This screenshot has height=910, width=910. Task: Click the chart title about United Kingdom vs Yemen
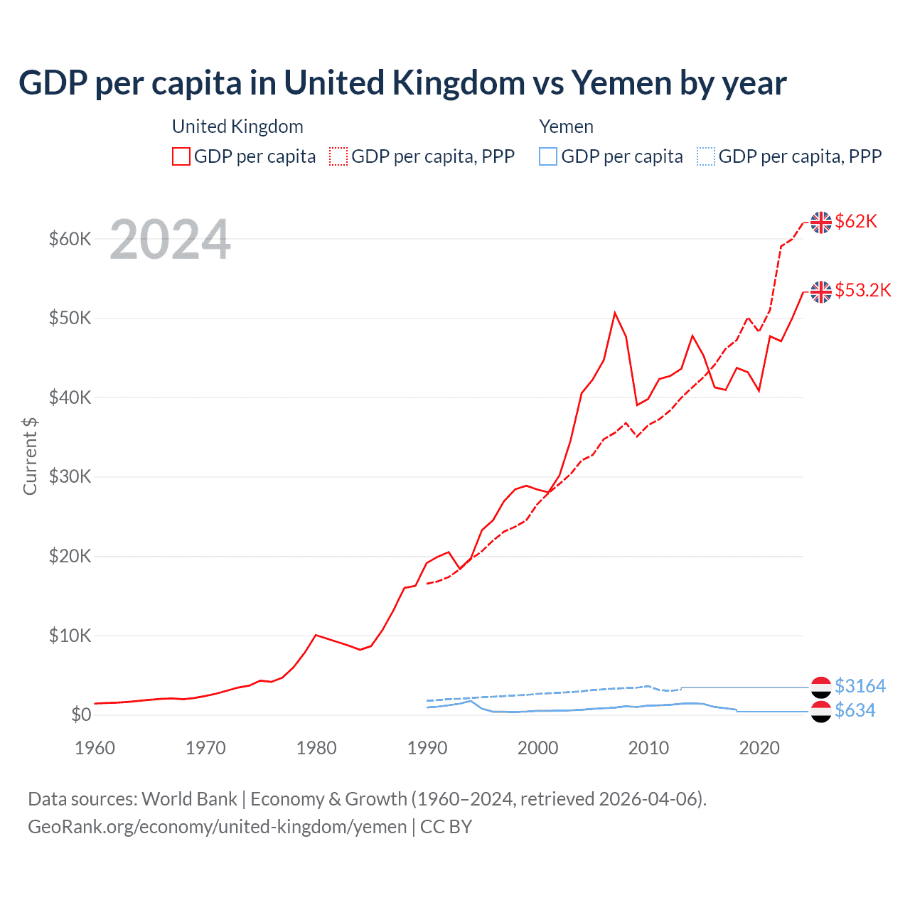402,83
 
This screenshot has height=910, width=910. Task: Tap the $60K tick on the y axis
70,239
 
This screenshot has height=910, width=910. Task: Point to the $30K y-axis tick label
70,476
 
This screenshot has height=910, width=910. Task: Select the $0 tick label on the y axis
81,714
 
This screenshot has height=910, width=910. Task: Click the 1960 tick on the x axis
95,748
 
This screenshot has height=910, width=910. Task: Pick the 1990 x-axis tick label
427,748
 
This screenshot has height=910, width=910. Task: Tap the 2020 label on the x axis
759,748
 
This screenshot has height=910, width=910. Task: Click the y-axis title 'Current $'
30,456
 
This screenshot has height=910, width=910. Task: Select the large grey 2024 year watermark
170,240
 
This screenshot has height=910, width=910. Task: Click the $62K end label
856,222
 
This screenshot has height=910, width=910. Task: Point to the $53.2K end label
862,290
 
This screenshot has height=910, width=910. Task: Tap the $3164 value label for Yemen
860,686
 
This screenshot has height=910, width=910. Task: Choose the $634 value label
855,710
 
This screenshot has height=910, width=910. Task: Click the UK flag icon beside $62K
821,223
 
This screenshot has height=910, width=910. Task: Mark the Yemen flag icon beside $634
821,711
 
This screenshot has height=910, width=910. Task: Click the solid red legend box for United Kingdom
181,156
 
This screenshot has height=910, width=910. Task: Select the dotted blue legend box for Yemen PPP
706,156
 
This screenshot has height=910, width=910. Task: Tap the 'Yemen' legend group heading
566,127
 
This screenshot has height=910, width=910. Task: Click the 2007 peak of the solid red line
615,313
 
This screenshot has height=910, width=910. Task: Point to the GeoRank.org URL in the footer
218,827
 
